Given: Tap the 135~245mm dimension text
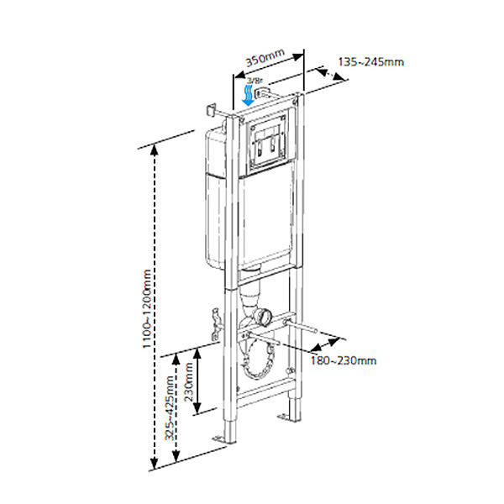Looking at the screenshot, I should [x=370, y=61].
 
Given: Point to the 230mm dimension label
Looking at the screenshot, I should [x=190, y=380].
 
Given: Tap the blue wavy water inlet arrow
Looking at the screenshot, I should [x=248, y=93].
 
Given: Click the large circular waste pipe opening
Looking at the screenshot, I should [x=258, y=357].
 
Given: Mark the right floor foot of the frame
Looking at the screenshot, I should [x=291, y=417].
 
